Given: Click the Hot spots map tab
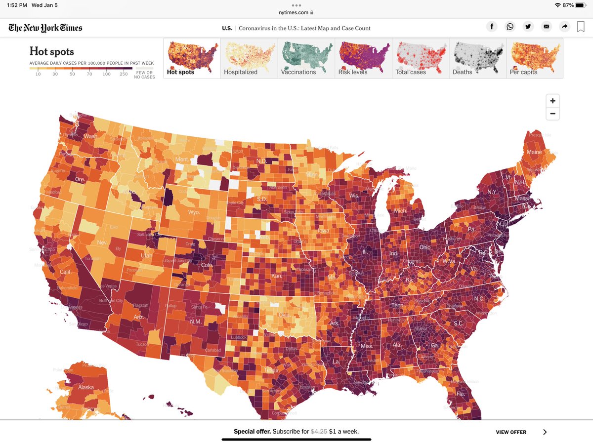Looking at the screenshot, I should pos(192,58).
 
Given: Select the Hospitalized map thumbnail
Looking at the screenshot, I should pos(249,58).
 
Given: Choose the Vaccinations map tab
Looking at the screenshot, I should pos(306,58).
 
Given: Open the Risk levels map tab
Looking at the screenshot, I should pos(363,58).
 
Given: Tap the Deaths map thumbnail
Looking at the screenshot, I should pos(477,58).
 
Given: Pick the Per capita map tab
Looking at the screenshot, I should pos(535,58).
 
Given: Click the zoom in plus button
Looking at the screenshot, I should pos(552,101).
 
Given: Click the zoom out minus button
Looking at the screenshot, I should pos(552,114).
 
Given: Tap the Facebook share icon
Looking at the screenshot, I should pos(492,27).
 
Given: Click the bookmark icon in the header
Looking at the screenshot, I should pos(581,27).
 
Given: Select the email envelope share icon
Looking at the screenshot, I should pos(546,27).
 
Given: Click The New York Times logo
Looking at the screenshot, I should pos(45,28).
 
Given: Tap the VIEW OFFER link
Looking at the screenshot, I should pos(511,432).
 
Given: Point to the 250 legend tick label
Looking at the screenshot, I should pos(124,74).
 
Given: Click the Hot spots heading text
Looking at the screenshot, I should pos(51,51).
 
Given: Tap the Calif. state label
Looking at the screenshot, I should pos(66,272).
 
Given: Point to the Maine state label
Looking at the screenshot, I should pos(534,152).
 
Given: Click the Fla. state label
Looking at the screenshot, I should pos(461,394).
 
